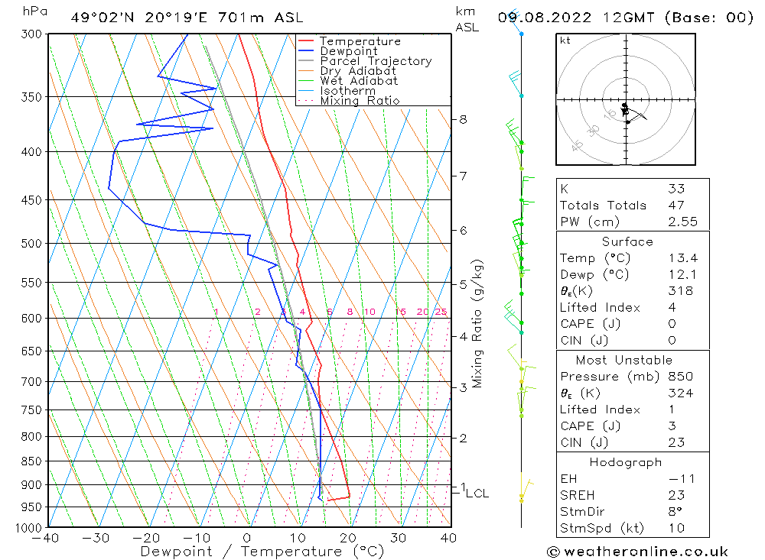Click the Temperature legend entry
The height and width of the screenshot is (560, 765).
[x=360, y=41]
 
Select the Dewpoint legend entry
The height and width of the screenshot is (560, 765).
[x=349, y=51]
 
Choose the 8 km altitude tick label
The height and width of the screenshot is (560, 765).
[x=463, y=119]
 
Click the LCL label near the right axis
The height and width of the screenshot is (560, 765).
[x=477, y=494]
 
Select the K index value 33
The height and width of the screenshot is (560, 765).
[x=675, y=189]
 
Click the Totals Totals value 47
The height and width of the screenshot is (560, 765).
[x=675, y=205]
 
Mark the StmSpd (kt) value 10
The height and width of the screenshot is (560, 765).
[x=675, y=527]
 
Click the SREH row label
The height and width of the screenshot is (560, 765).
[x=578, y=495]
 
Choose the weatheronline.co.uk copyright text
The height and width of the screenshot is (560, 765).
[x=637, y=552]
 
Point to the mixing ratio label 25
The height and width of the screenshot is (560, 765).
[x=441, y=312]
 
